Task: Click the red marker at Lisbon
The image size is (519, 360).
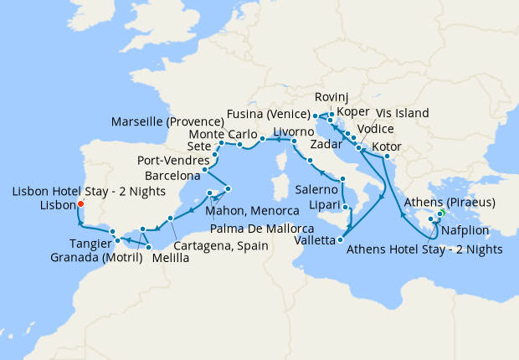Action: click(80, 203)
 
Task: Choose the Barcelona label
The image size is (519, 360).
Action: click(172, 176)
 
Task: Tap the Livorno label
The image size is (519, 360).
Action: click(294, 131)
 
